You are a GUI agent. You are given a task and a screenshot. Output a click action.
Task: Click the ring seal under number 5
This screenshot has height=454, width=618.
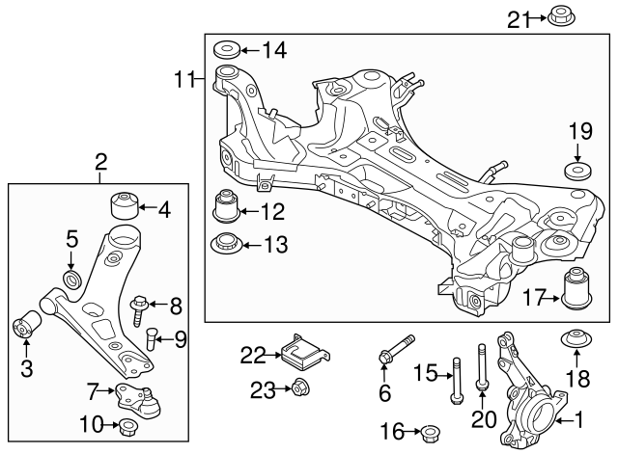click(x=71, y=280)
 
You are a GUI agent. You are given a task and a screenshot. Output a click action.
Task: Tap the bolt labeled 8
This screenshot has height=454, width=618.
click(x=137, y=309)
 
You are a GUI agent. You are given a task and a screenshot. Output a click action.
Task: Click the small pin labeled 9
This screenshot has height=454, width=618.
click(x=152, y=338)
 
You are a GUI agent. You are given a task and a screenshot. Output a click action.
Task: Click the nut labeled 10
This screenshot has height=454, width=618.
click(x=126, y=425)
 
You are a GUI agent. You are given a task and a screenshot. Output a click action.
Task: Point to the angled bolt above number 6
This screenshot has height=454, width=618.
click(x=395, y=351)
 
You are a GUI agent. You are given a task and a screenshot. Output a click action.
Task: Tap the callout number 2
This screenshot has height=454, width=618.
click(x=102, y=164)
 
